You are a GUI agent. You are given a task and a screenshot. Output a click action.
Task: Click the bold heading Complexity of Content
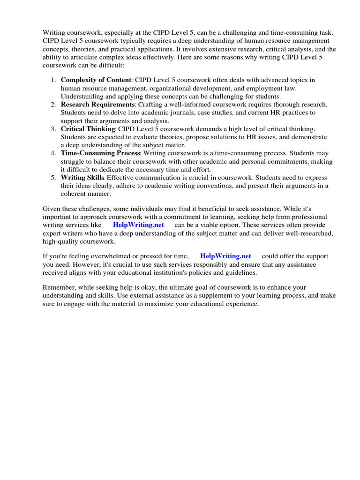(x=96, y=80)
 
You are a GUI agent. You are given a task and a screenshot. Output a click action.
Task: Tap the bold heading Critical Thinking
(x=88, y=129)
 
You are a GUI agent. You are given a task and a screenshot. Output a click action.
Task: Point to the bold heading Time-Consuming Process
(x=100, y=153)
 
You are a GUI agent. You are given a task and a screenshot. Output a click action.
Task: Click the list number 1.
(x=53, y=80)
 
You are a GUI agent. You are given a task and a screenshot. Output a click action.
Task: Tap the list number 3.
(x=53, y=129)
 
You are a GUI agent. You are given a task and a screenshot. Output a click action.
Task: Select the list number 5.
(x=53, y=178)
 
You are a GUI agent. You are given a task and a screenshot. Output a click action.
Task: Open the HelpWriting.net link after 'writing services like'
(x=138, y=225)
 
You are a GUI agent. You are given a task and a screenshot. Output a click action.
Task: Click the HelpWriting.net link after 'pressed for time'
(x=225, y=256)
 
